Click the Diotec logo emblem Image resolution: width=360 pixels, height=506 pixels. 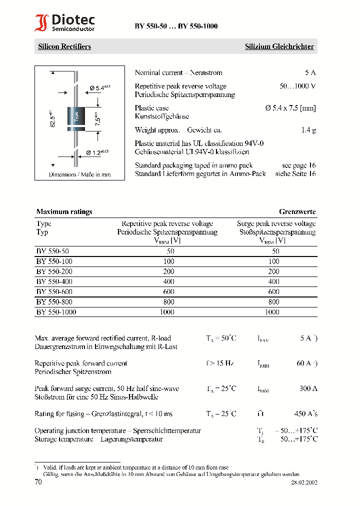[41, 23]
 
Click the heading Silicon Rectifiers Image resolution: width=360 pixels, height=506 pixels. [64, 46]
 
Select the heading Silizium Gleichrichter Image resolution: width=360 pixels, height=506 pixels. [279, 46]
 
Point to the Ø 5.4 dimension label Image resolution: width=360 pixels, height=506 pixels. [99, 88]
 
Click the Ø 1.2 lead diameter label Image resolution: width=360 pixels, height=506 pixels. [97, 152]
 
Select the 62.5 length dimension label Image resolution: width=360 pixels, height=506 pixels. [52, 118]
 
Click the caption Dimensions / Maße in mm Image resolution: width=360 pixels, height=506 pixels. [79, 174]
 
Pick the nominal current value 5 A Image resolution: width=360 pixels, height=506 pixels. [310, 73]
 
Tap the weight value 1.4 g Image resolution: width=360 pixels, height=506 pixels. [308, 130]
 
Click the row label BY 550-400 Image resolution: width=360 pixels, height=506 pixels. [53, 282]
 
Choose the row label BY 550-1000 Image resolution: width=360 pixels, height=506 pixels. [56, 312]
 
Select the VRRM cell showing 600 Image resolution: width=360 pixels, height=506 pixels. [168, 292]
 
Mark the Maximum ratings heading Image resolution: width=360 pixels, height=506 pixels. [64, 212]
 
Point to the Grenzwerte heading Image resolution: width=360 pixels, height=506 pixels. [297, 212]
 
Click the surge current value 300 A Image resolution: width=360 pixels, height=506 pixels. [308, 388]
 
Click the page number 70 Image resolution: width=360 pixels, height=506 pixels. [38, 482]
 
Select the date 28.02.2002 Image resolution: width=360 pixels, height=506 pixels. [304, 483]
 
